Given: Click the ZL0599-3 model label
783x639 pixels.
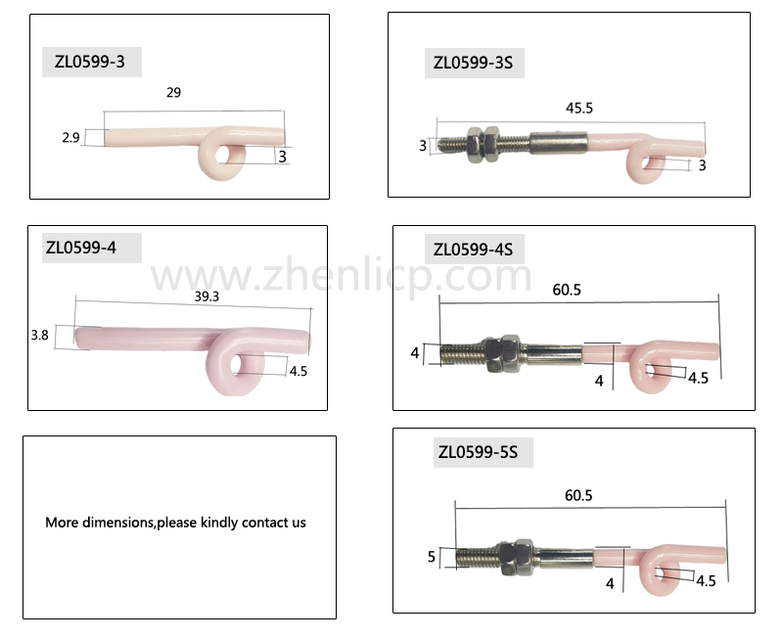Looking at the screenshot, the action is point(90,62).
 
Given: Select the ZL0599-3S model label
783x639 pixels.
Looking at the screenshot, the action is point(473,63).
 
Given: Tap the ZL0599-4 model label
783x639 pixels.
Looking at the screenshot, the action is point(81,248).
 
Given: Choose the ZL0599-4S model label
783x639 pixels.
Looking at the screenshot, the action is point(473,250).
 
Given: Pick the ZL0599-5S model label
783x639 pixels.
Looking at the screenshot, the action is point(478,452).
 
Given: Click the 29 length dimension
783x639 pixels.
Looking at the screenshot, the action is point(173,92).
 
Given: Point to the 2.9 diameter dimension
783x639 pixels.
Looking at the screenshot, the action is point(70,137).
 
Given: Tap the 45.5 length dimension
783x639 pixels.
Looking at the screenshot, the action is point(579,109).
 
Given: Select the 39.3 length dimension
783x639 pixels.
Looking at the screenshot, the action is point(207,297).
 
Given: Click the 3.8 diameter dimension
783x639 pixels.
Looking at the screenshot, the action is point(39,335).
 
